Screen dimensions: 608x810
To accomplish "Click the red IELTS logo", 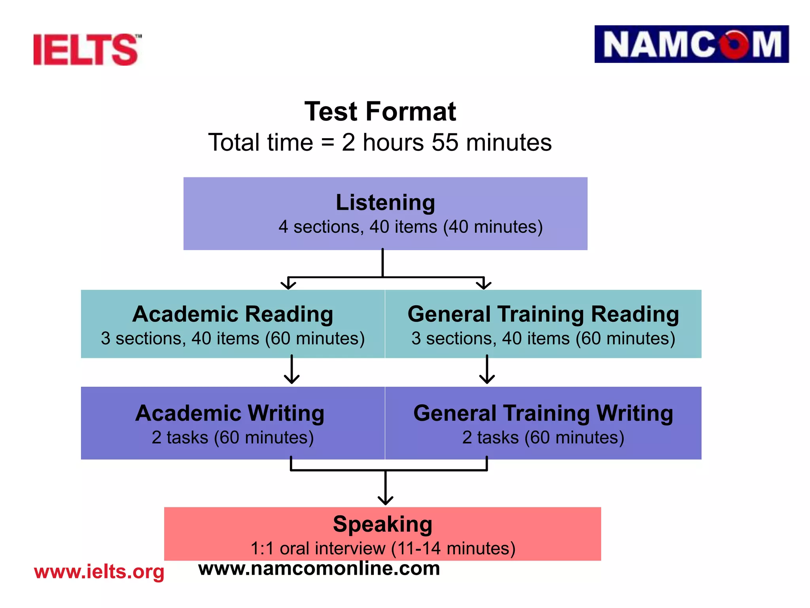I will click(x=86, y=49).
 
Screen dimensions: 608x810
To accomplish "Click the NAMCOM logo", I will click(x=691, y=44).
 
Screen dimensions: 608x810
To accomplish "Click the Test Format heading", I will click(x=380, y=112).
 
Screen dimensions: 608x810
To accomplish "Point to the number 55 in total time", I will click(x=445, y=142).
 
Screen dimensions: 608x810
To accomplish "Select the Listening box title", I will click(x=385, y=203).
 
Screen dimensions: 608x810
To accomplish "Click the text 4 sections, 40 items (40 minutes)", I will click(x=411, y=227).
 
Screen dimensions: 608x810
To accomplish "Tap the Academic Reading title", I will click(x=233, y=314).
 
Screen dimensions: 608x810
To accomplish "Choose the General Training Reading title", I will click(x=543, y=314).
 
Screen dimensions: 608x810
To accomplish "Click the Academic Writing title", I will click(x=230, y=413).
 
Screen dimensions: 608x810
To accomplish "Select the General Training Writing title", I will click(x=543, y=413).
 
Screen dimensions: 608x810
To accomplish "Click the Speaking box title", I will click(x=382, y=524).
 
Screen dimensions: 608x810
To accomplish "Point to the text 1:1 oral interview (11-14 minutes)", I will click(x=383, y=549).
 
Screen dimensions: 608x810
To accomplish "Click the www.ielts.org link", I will click(x=99, y=572).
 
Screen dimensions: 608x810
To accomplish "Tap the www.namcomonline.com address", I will click(x=319, y=568).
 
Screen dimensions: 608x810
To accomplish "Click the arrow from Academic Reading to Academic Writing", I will click(x=292, y=370).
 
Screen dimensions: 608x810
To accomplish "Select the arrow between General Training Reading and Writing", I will click(x=487, y=370).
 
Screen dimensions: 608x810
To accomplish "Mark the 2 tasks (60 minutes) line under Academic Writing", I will click(x=233, y=438).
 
